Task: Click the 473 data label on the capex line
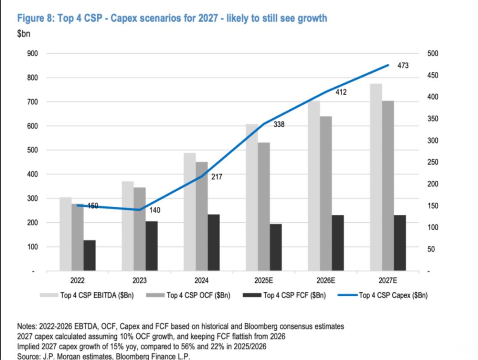[x=403, y=66]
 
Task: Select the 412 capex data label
[x=341, y=93]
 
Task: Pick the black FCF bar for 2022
[x=89, y=255]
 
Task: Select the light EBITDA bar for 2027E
[x=376, y=177]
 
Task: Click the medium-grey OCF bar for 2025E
[x=264, y=206]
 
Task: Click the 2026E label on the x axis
[x=326, y=280]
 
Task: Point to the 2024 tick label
[x=202, y=280]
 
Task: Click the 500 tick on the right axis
[x=432, y=54]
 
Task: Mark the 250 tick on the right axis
[x=432, y=163]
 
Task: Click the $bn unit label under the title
[x=24, y=34]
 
